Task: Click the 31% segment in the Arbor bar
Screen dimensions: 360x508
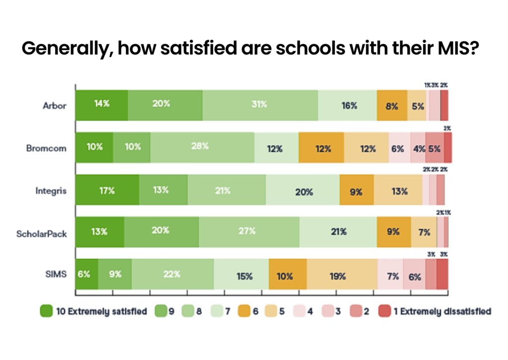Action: [260, 105]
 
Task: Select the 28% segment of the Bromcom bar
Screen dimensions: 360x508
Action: [202, 147]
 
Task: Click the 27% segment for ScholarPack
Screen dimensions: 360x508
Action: [249, 232]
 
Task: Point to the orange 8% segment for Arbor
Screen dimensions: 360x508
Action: [392, 105]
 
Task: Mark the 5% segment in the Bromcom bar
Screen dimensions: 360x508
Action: [434, 147]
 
